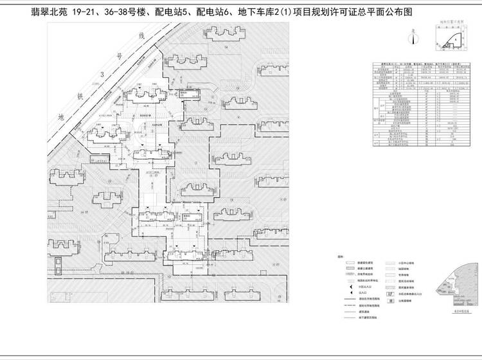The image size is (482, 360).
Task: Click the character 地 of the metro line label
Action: tap(62, 118)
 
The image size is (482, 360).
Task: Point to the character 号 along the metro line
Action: tap(119, 57)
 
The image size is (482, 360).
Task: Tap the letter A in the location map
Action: tap(456, 39)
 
